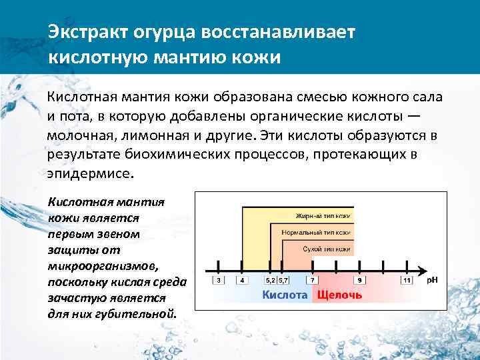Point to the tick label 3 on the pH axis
coord(218,281)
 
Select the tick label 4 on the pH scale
coord(241,281)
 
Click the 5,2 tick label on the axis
coord(270,281)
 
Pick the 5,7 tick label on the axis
coord(283,281)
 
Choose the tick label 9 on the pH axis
coord(360,281)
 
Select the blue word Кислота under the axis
coord(285,294)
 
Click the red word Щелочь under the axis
coord(339,294)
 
